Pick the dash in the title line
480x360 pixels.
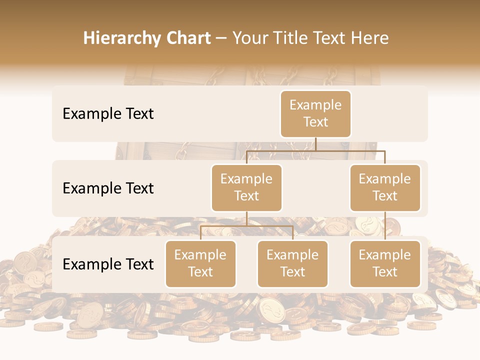(221, 39)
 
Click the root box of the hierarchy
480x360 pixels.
(315, 114)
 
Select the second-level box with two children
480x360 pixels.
(246, 188)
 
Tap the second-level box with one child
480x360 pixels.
(385, 188)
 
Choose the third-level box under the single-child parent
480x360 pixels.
(385, 264)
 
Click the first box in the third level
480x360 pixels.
(200, 264)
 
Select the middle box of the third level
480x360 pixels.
(292, 264)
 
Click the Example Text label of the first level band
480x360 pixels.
(108, 114)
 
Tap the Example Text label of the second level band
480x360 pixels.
(108, 188)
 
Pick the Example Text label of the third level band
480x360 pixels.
(108, 264)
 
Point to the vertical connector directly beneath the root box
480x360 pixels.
(315, 144)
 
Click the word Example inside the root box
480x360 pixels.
(315, 105)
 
